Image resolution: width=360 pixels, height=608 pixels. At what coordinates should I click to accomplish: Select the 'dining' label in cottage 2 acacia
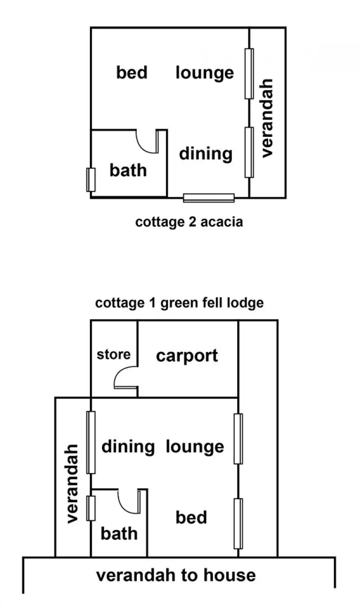point(206,153)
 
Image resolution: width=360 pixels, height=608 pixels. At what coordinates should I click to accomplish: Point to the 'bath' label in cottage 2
point(128,170)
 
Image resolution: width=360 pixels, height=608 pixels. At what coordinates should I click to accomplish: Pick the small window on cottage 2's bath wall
point(91,180)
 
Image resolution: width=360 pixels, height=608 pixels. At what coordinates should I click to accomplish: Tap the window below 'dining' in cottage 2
point(209,198)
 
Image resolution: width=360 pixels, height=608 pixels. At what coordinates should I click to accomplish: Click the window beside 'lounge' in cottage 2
point(249,73)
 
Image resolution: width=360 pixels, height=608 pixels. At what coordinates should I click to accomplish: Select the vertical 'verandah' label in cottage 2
point(267,118)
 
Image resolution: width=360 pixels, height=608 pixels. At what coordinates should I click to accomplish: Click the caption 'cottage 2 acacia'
point(189,222)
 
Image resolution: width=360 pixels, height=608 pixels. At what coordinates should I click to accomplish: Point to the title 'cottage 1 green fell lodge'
point(179,303)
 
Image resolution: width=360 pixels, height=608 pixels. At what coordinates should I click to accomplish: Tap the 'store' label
point(114,355)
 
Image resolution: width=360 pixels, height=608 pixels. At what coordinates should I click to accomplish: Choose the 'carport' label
point(187,356)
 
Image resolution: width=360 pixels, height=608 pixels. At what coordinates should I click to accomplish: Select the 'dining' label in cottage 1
point(128,447)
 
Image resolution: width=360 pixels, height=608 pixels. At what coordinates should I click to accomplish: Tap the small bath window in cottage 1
point(91,508)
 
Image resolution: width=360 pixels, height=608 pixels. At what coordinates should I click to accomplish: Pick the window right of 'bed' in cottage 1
point(238,523)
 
